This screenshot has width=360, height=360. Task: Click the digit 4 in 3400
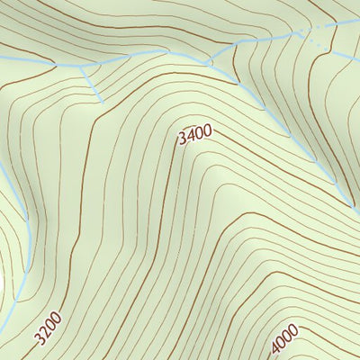pos(191,137)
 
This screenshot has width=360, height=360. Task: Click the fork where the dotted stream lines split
pos(301,34)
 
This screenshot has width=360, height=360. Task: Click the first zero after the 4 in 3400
pos(199,135)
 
